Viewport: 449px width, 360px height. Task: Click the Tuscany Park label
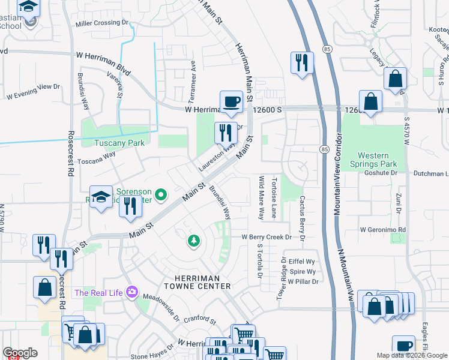click(119, 143)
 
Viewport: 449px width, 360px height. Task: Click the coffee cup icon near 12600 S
click(231, 101)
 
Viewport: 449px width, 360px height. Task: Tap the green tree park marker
click(193, 241)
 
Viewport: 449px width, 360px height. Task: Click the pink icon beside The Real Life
click(131, 293)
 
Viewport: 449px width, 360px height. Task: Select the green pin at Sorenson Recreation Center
click(160, 194)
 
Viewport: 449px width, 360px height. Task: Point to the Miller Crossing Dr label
click(102, 23)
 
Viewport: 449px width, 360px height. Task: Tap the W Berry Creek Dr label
click(266, 238)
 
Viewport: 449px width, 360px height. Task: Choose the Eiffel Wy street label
click(302, 262)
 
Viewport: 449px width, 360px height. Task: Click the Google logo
click(20, 353)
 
